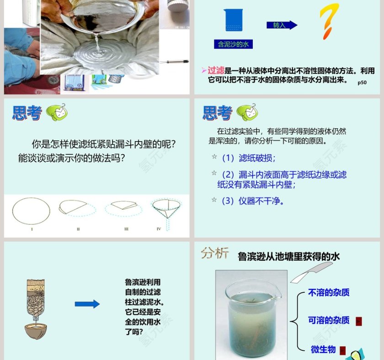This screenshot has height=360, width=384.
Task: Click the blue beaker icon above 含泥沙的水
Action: [233, 21]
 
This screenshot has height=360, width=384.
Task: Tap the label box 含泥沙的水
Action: [233, 44]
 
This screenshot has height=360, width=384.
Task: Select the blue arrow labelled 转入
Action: [282, 25]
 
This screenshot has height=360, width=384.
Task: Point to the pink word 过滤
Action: [216, 71]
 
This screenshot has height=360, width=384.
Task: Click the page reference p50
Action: [362, 83]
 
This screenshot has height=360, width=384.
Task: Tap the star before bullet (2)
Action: [214, 174]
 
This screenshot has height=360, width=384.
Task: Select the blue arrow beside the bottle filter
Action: [87, 304]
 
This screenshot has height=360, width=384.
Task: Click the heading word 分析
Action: [215, 254]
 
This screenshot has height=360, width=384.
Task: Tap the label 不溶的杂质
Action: [329, 293]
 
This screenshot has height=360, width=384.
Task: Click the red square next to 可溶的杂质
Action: [358, 321]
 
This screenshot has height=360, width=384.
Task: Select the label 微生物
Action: [323, 349]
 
